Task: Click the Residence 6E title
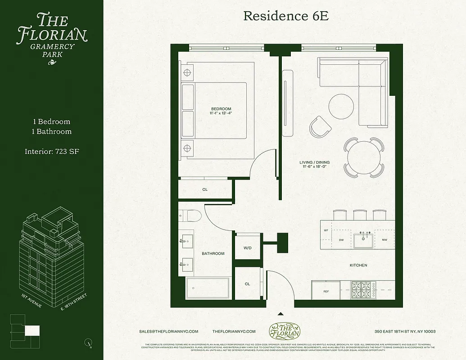click(286, 16)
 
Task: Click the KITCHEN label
click(358, 265)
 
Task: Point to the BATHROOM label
click(213, 254)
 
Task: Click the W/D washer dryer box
click(247, 247)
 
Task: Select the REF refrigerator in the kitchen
click(326, 292)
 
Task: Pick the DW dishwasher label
click(341, 240)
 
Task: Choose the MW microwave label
click(385, 240)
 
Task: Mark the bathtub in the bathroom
click(208, 288)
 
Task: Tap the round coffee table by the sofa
click(341, 106)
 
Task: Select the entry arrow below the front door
click(281, 314)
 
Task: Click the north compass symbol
click(88, 342)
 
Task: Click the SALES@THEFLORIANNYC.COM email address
click(169, 331)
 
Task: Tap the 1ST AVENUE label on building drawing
click(32, 301)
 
